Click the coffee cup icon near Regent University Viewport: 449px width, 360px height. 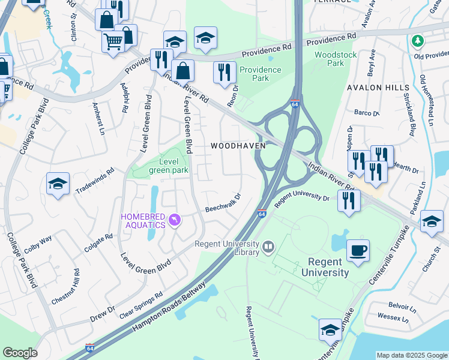[x=358, y=251]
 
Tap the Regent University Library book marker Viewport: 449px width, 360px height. [x=268, y=246]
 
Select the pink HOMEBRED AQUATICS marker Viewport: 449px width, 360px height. [x=175, y=221]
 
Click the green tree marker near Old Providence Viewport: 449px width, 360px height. [x=418, y=41]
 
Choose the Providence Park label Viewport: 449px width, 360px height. [x=261, y=74]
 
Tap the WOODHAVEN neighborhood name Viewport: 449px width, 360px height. [x=238, y=146]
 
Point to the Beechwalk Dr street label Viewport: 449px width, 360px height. [x=223, y=203]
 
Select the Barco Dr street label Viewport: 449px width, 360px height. [x=367, y=113]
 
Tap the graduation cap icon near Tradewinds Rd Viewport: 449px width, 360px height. [x=58, y=185]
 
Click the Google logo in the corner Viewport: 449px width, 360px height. [x=20, y=353]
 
